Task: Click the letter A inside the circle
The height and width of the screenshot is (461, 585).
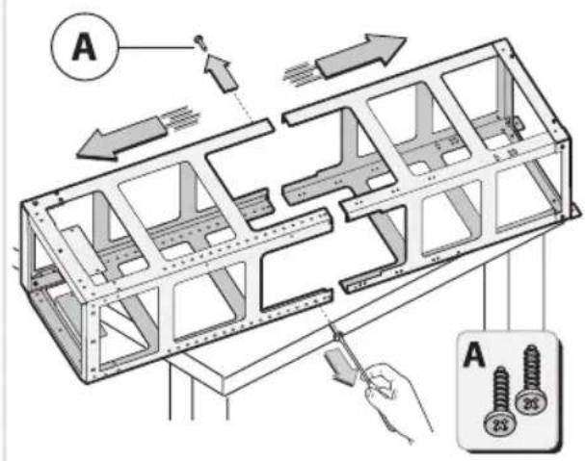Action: [x=84, y=47]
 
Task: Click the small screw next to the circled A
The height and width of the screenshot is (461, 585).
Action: [x=200, y=42]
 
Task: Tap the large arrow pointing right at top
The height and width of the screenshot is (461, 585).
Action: [x=362, y=55]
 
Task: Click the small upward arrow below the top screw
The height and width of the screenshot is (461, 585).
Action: [x=221, y=73]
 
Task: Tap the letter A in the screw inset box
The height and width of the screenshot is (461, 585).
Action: [x=474, y=354]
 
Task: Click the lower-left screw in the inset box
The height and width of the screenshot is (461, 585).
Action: [x=500, y=401]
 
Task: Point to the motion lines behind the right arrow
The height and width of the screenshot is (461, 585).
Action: [x=301, y=73]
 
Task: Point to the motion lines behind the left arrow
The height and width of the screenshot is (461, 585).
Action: [x=181, y=118]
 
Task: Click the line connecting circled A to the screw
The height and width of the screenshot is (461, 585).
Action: [x=156, y=47]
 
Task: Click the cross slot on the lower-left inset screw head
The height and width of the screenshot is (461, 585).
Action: [x=499, y=424]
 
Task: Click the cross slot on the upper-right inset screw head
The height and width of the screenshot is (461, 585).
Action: [x=532, y=403]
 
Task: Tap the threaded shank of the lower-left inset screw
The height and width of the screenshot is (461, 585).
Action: [x=500, y=389]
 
